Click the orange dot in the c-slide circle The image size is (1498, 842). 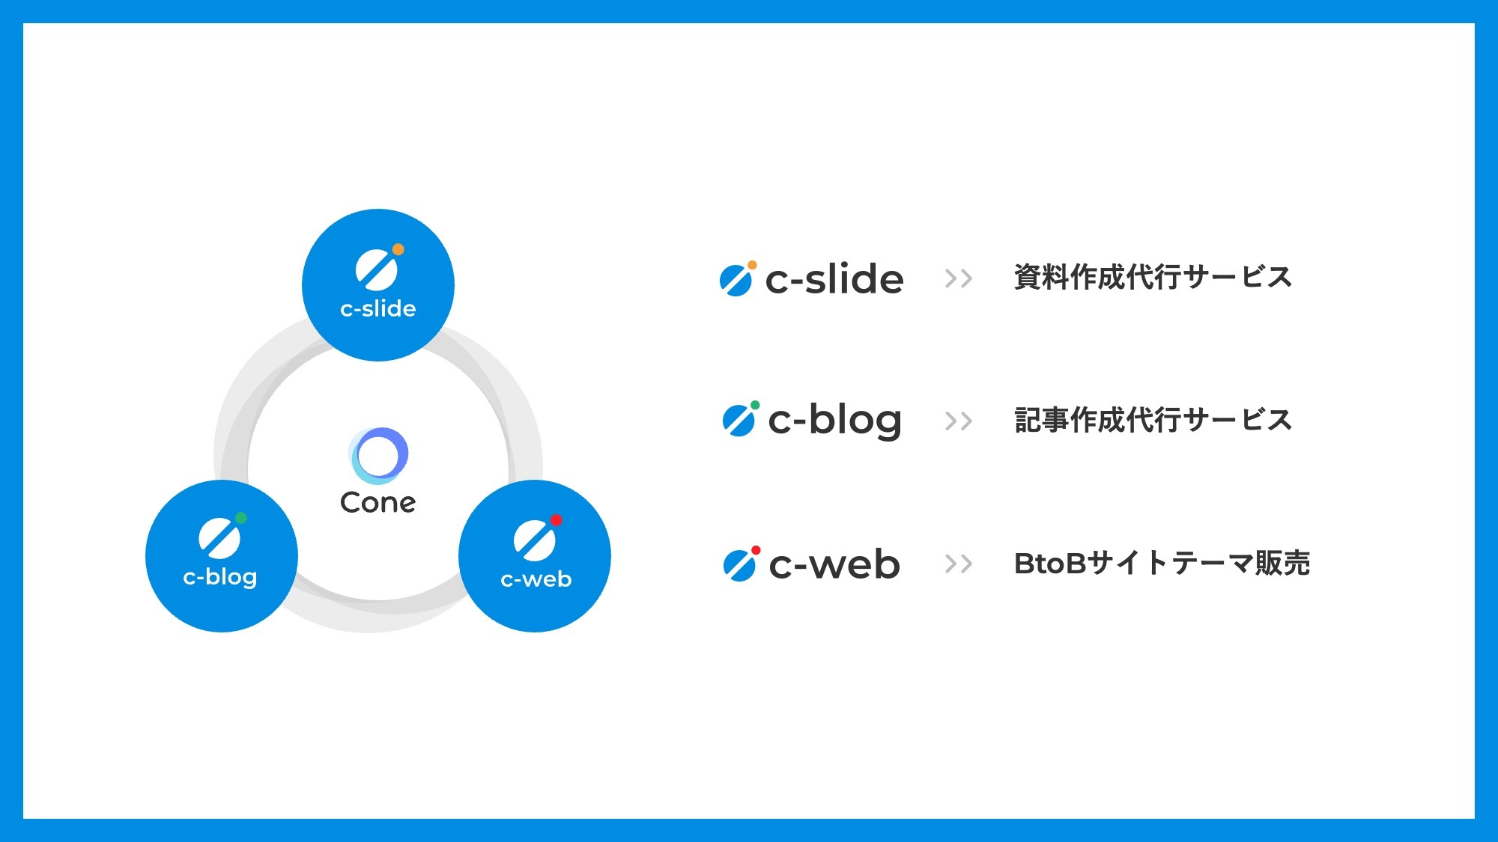[x=398, y=249]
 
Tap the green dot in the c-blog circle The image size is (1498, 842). [x=241, y=518]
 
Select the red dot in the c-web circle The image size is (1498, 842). [x=556, y=520]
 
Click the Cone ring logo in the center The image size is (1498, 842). [x=378, y=455]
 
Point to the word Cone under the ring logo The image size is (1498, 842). [x=377, y=502]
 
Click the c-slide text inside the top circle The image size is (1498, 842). [x=378, y=308]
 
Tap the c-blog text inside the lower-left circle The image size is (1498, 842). [x=220, y=577]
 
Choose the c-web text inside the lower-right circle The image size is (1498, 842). [x=536, y=579]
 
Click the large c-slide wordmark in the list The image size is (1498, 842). [x=834, y=278]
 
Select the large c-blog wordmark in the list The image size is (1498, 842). [x=835, y=421]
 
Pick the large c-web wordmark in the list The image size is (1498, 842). [x=834, y=564]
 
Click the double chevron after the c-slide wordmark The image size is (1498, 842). [x=959, y=278]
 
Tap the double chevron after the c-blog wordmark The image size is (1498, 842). [x=959, y=421]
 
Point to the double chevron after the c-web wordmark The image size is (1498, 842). [x=959, y=564]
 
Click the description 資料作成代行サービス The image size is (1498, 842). [x=1153, y=277]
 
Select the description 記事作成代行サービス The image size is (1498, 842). [x=1153, y=420]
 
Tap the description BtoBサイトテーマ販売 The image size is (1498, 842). [x=1162, y=563]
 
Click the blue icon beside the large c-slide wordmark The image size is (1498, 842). [x=738, y=278]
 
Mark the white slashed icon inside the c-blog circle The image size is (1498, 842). [x=219, y=537]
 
